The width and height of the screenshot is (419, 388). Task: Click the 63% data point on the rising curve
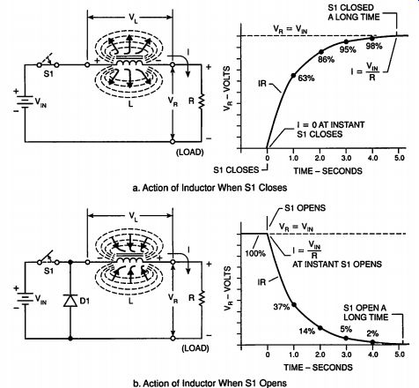(293, 76)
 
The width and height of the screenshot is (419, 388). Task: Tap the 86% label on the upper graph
(326, 60)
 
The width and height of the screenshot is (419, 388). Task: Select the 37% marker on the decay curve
(294, 305)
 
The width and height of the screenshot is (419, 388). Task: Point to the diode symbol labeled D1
(70, 301)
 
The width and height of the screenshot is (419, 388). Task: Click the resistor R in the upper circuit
(202, 101)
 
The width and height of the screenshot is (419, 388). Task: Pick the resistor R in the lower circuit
(202, 298)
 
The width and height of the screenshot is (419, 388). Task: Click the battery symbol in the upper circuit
(25, 101)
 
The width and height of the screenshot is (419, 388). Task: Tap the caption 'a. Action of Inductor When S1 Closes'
(209, 188)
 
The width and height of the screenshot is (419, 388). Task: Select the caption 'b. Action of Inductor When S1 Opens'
(209, 384)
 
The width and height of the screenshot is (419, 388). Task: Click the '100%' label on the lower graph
(255, 253)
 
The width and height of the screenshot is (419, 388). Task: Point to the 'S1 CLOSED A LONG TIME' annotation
(354, 12)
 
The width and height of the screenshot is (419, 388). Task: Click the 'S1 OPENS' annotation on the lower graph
(305, 208)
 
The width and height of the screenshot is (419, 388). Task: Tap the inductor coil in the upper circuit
(129, 63)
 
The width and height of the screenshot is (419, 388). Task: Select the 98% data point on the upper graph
(372, 38)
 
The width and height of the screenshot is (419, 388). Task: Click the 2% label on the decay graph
(372, 333)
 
